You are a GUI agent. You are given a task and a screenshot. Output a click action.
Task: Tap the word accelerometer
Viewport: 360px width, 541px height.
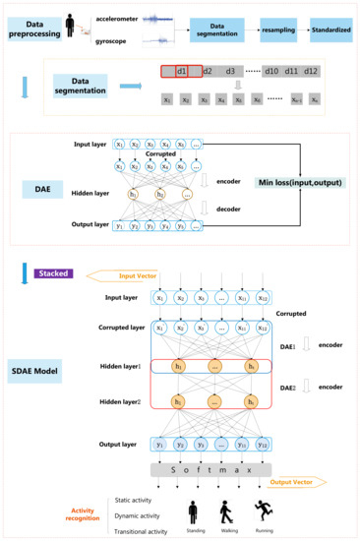(x=119, y=16)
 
